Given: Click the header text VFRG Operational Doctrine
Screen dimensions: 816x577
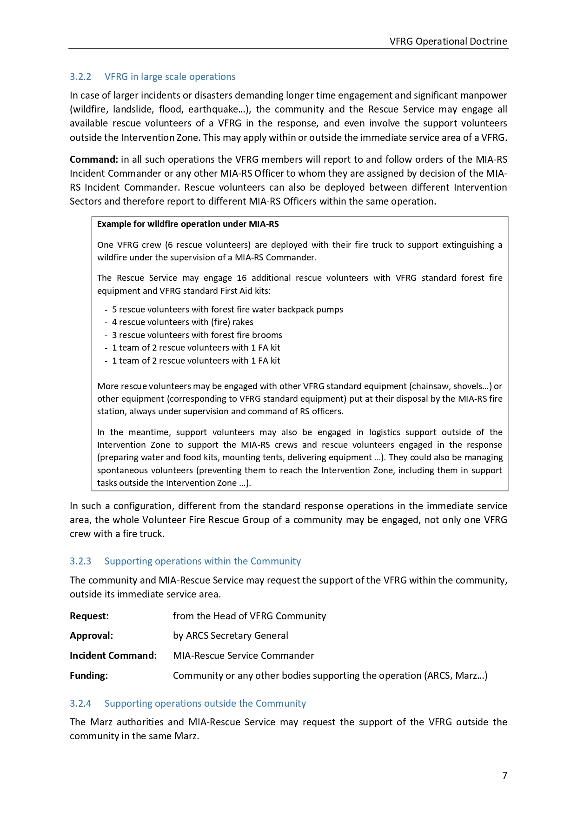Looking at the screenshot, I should (448, 41).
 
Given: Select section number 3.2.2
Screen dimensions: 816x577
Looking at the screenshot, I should (80, 77).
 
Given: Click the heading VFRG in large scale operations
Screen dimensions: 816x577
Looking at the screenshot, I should (170, 77).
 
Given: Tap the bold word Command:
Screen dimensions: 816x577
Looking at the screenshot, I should (94, 159).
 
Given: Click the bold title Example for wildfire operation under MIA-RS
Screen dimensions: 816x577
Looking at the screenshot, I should (188, 224).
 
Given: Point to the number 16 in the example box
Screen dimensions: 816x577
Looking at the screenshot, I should (241, 278).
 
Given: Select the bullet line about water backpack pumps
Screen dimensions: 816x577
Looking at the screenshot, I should (227, 310).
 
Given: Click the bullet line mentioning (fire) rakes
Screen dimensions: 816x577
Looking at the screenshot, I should (182, 322).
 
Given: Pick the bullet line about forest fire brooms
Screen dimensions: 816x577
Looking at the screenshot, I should (197, 335).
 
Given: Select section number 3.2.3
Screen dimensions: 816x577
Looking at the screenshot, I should (80, 561).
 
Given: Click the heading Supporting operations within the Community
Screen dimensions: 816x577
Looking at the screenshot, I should (202, 561).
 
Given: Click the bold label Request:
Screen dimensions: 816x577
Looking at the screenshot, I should (89, 616).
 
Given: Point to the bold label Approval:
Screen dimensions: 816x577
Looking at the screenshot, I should (91, 636).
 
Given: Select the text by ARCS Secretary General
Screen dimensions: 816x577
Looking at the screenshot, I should (230, 636).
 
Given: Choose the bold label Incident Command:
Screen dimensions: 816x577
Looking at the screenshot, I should (113, 656).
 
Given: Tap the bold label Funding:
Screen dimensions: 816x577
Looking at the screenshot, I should (89, 676).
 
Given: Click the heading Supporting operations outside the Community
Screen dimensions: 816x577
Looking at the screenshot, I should (205, 703).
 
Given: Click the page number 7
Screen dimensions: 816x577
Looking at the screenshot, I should (504, 776).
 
